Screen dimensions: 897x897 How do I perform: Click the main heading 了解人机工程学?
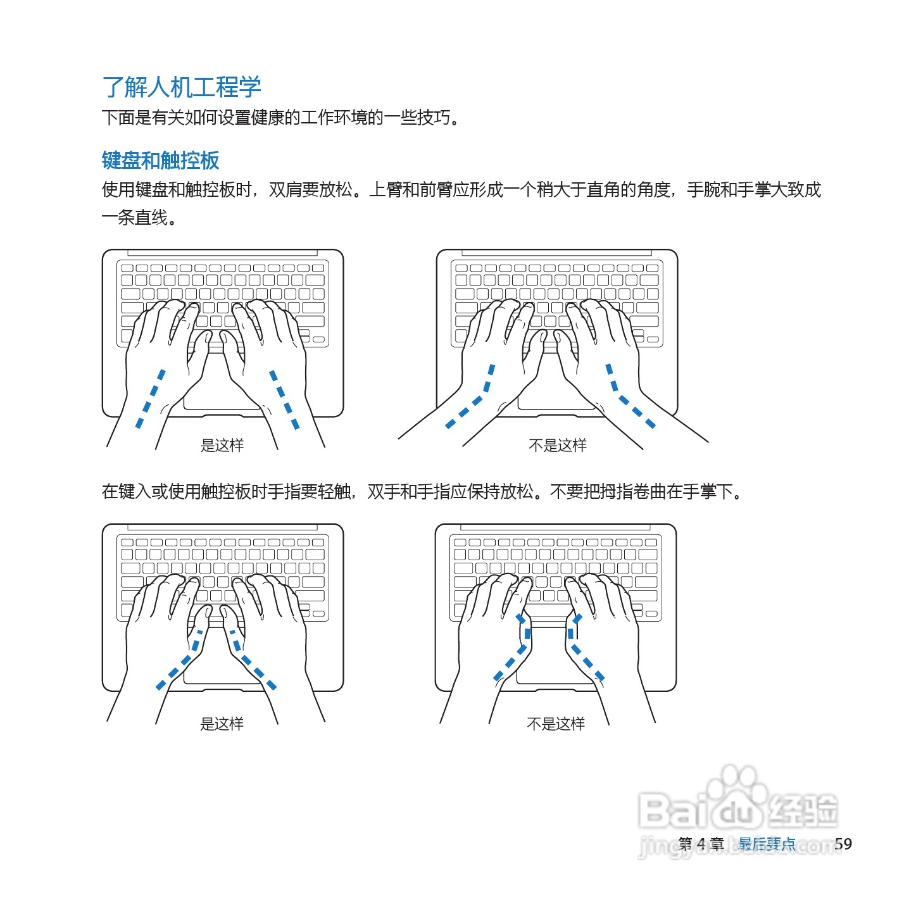[x=182, y=87]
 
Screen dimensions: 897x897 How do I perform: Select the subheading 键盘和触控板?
[x=160, y=160]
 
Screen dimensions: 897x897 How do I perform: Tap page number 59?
[x=843, y=843]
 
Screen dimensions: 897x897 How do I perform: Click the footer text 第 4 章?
[x=701, y=844]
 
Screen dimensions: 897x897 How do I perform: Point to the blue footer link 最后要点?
[x=767, y=844]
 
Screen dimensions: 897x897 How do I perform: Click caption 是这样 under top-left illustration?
[x=222, y=445]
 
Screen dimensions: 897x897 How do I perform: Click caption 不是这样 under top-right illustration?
[x=557, y=445]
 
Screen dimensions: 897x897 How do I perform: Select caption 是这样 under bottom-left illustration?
[x=222, y=724]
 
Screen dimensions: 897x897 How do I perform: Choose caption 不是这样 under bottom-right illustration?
[x=556, y=724]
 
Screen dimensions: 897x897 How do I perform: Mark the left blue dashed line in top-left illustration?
[x=151, y=399]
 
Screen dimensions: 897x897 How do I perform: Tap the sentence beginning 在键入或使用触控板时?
[x=423, y=492]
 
